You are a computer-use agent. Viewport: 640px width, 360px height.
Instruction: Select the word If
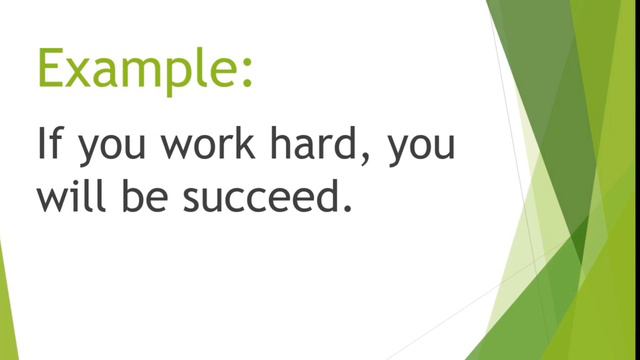(x=52, y=145)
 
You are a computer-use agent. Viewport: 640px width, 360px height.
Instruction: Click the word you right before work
(x=111, y=151)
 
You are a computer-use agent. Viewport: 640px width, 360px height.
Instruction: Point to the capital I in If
(x=43, y=145)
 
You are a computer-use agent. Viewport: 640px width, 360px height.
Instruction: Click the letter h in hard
(x=279, y=145)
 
